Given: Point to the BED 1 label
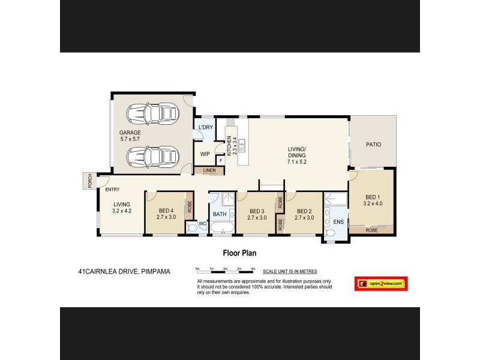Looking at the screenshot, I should click(373, 199).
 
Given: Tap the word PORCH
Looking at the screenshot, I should click(89, 180).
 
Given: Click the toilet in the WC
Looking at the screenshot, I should click(192, 227).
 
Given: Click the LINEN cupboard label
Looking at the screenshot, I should click(209, 171).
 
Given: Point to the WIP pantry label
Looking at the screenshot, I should click(205, 154).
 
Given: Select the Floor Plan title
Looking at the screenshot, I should click(239, 253).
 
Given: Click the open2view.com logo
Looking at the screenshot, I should click(382, 283).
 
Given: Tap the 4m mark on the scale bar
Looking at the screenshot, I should click(253, 268).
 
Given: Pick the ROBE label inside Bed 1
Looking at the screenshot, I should click(373, 230).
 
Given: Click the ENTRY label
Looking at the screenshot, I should click(112, 190).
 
